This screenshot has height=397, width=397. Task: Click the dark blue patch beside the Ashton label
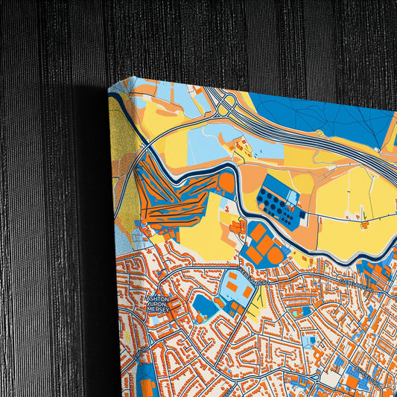point(203,305)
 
